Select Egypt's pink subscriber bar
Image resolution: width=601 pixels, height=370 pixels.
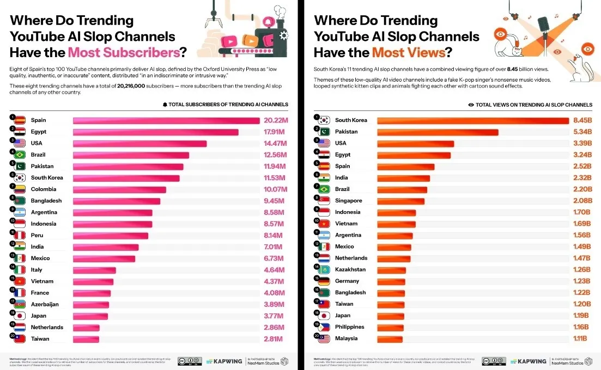[155, 132]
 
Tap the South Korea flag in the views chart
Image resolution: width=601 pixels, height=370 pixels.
[324, 120]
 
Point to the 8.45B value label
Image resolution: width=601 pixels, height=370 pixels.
[579, 120]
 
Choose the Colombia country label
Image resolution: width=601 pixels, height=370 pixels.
[44, 189]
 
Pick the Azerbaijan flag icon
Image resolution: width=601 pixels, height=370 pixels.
[20, 305]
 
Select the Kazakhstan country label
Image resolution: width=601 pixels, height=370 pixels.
[350, 270]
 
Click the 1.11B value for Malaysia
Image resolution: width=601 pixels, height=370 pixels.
[579, 338]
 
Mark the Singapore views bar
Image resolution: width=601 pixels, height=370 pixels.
[400, 201]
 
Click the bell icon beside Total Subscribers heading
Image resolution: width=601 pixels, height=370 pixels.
[165, 104]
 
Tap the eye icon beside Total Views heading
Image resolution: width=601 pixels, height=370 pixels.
[471, 104]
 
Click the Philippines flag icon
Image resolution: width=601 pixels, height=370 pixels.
[324, 328]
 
